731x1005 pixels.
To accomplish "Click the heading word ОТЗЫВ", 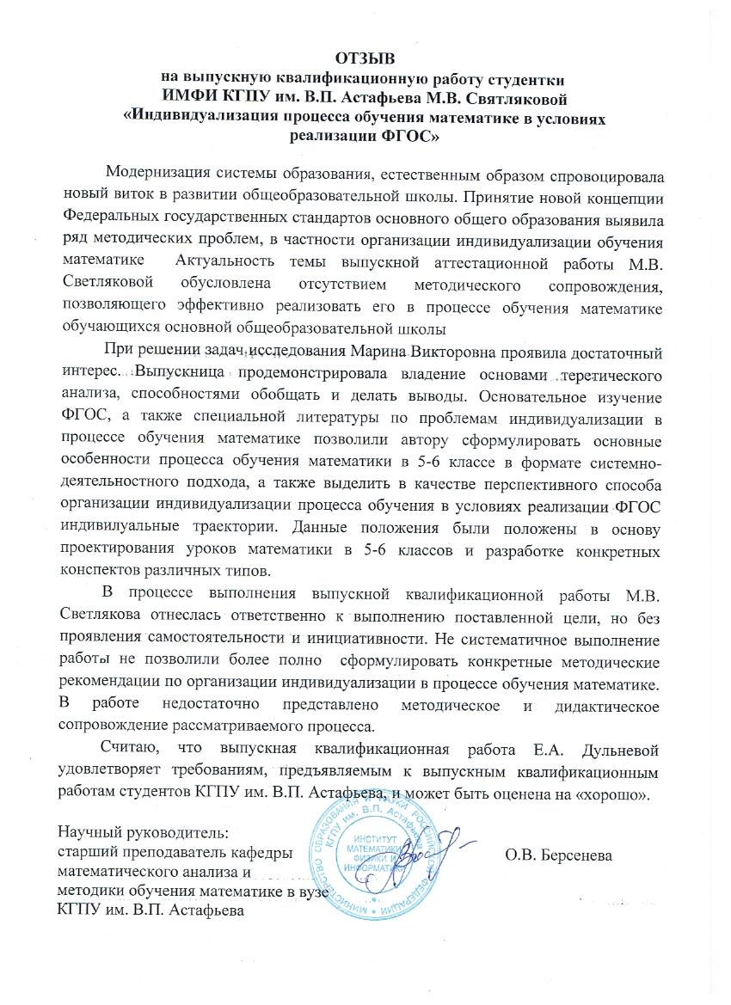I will (x=365, y=58).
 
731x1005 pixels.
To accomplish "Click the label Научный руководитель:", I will (x=131, y=833).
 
